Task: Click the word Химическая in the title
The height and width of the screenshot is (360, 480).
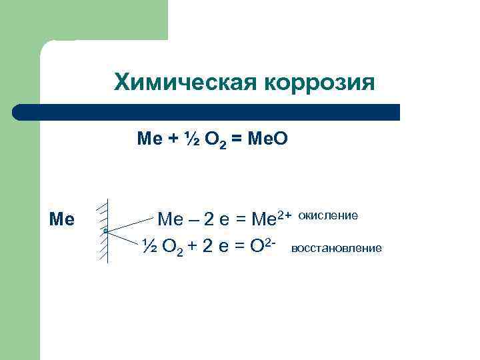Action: [186, 83]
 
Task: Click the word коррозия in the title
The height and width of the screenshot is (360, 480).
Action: [319, 83]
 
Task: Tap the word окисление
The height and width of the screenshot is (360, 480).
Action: [328, 215]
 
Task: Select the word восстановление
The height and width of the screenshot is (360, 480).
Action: [337, 248]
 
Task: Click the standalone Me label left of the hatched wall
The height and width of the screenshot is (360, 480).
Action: [62, 219]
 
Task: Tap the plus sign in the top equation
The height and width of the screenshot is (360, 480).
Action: [171, 139]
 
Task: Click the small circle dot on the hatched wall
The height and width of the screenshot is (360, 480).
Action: [105, 231]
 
